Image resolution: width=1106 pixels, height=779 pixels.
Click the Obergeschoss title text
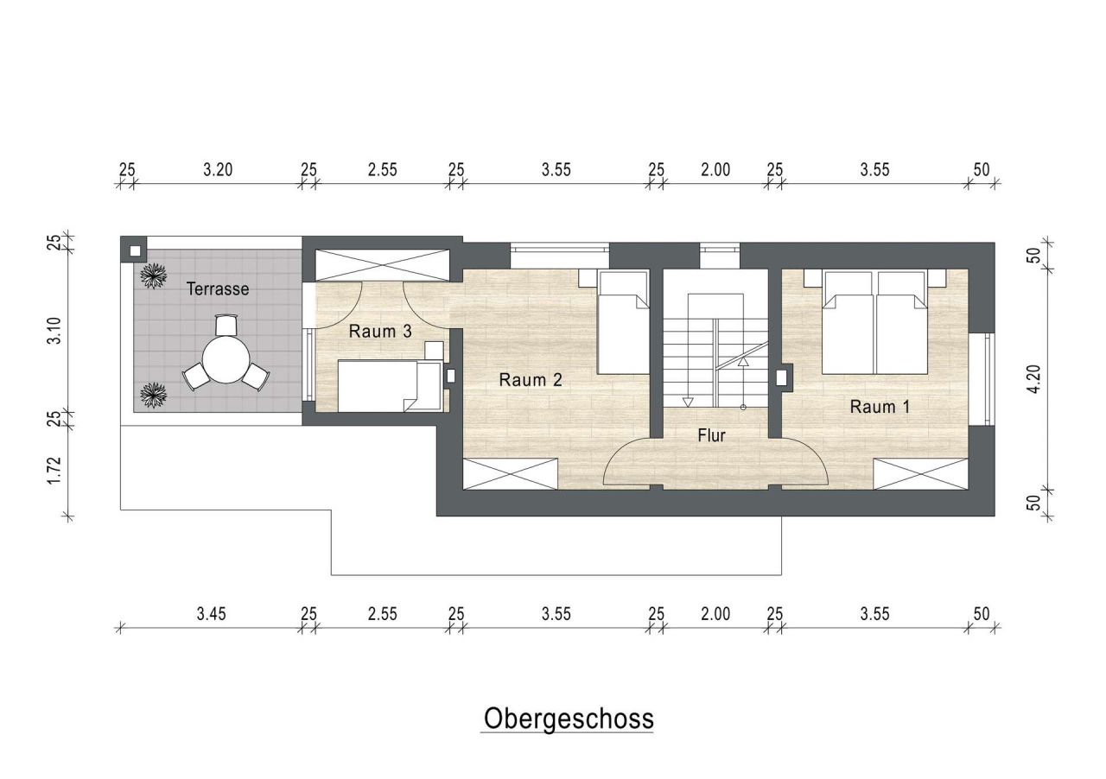click(568, 719)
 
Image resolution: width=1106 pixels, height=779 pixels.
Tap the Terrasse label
click(218, 289)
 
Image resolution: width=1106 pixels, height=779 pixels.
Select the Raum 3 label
click(379, 331)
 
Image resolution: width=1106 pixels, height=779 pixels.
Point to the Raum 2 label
click(531, 379)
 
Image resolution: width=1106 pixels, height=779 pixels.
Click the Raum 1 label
click(880, 407)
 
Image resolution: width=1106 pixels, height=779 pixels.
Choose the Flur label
click(712, 436)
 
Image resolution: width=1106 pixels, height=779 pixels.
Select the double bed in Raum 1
click(875, 321)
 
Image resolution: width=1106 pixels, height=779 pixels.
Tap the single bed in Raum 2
click(622, 321)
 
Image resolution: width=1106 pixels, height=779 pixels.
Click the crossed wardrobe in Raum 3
click(382, 265)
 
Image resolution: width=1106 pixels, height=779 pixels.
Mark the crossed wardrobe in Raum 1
click(920, 474)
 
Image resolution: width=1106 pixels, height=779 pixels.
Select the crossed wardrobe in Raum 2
click(511, 474)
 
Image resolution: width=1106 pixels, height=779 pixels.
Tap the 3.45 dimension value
click(211, 614)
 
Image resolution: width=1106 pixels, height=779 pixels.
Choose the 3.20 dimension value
click(218, 169)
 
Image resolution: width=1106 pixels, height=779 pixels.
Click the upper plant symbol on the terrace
click(155, 276)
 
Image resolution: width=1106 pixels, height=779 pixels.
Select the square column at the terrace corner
click(134, 250)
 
